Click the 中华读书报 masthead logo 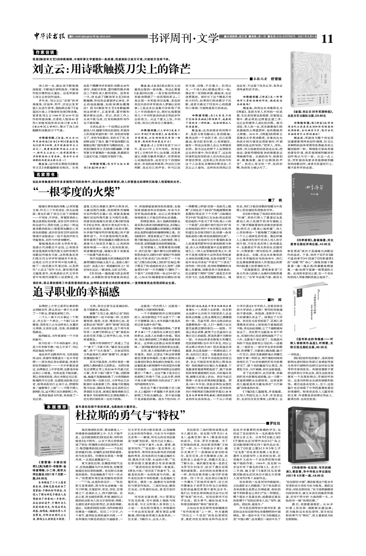coord(49,37)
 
